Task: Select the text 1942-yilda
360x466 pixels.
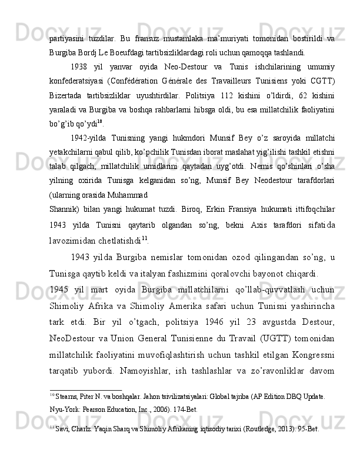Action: coord(88,139)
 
